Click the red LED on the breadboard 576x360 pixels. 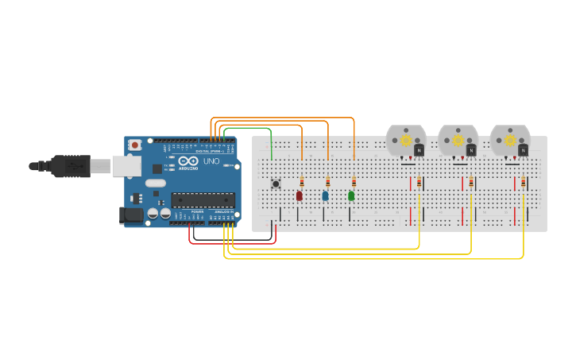coord(300,195)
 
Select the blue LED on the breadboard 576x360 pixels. coord(325,195)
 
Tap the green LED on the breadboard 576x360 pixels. coord(351,195)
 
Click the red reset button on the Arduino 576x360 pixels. coord(135,145)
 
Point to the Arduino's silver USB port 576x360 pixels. coord(126,165)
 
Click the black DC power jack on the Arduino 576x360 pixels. coord(130,215)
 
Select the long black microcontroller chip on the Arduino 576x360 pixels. coord(203,200)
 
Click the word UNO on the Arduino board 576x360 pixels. coord(211,161)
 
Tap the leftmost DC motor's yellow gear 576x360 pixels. coord(406,141)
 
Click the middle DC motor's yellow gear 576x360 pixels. coord(458,141)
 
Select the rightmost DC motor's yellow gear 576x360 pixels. coord(510,141)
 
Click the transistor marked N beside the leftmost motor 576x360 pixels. coord(419,149)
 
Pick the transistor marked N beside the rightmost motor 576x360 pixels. coord(523,149)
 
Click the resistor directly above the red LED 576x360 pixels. coord(302,182)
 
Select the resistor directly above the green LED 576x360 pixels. coord(354,182)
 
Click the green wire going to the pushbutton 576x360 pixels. coord(248,127)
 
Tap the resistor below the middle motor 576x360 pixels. coord(471,183)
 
